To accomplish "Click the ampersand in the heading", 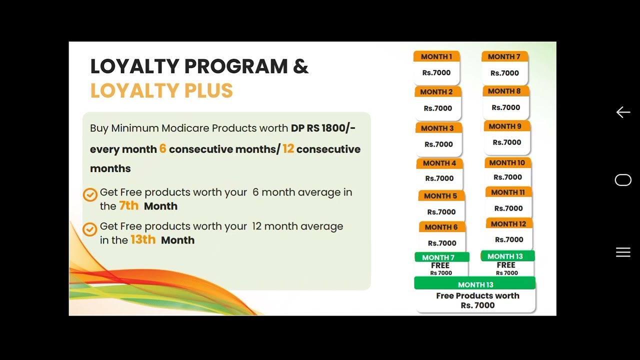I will pos(300,66).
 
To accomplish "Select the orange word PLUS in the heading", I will pos(208,91).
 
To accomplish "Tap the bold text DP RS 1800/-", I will pos(323,128).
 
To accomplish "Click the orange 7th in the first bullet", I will pos(128,205).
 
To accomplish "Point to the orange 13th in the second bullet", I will pos(143,239).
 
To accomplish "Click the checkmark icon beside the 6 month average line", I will pos(90,194).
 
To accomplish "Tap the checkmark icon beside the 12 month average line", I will pos(90,229).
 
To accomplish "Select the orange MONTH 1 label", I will pos(436,56).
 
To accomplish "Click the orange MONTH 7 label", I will pos(504,56).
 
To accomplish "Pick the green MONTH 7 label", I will pos(438,257).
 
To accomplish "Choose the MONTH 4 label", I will pos(439,163).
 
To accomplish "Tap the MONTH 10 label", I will pos(507,162).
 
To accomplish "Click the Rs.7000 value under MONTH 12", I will pos(509,239).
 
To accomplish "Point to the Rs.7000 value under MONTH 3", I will pos(438,144).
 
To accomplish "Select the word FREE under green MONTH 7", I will pos(440,265).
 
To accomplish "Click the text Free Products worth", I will pos(477,295).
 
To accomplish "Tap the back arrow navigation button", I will pos(623,112).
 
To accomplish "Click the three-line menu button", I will pos(623,252).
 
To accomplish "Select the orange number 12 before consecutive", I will pos(288,148).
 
